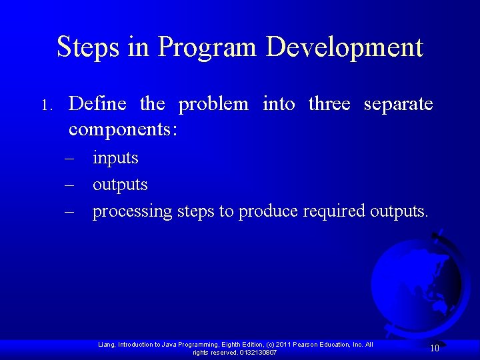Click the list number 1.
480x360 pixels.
tap(45, 105)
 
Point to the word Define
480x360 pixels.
tap(97, 104)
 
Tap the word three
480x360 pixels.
tap(329, 104)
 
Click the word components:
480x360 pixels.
tap(123, 129)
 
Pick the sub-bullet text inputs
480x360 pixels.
tap(115, 159)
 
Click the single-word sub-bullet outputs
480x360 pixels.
tap(120, 185)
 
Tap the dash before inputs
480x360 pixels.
tap(69, 159)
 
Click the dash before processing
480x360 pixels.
tap(69, 211)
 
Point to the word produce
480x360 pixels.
tap(269, 212)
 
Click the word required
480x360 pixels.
tap(334, 211)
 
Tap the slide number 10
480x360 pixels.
tap(434, 347)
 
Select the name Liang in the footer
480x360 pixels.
tap(107, 345)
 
